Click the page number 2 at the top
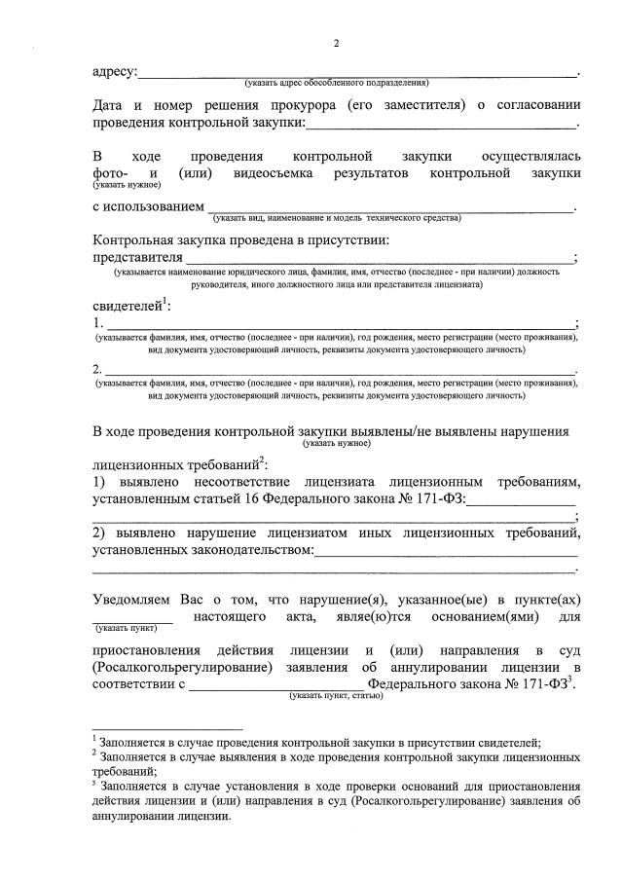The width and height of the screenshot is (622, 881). (337, 44)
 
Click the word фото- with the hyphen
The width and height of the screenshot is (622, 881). (110, 173)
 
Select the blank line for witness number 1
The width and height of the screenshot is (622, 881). (341, 325)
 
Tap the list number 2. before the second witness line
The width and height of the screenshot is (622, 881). (97, 370)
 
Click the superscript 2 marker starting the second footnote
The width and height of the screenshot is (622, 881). (94, 752)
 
